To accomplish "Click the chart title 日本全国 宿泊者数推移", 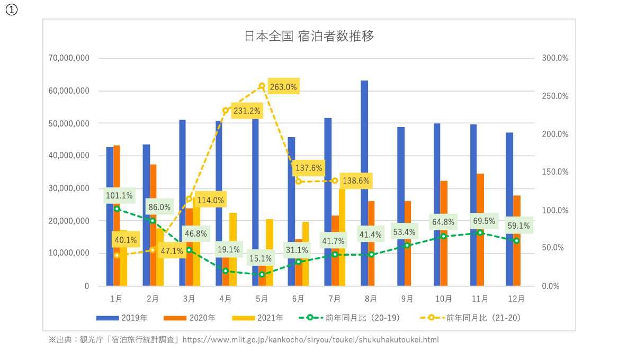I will tap(309, 37).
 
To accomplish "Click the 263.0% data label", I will tap(283, 87).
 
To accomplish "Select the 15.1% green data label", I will tap(259, 259).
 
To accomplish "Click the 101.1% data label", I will tap(119, 195).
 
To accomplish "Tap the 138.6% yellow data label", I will tap(356, 181).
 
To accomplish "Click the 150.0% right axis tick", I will tap(555, 172).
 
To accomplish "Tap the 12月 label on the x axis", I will tap(516, 299).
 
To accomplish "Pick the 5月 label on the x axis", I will tap(262, 299).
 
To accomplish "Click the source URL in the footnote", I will tap(310, 340).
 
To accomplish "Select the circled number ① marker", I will tap(11, 11).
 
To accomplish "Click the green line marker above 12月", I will tap(517, 240).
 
